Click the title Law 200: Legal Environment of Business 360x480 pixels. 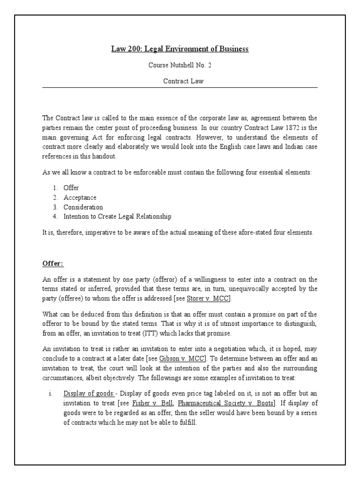click(x=180, y=49)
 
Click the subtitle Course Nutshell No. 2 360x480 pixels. click(x=180, y=65)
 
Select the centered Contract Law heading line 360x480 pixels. click(x=180, y=81)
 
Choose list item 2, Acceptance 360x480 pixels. click(x=80, y=197)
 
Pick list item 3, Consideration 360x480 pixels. click(x=83, y=207)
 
